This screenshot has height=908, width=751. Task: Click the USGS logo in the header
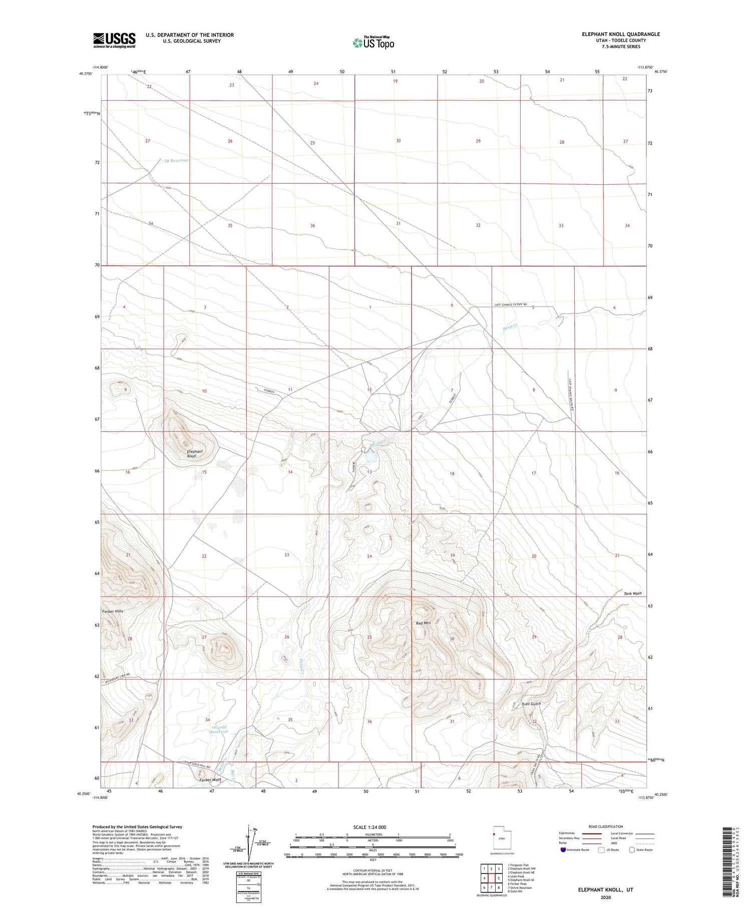(114, 40)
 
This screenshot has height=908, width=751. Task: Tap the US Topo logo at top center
(373, 43)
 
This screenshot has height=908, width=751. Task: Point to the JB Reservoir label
(177, 161)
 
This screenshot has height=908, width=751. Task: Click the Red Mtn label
(423, 623)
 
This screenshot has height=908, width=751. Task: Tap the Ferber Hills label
(113, 612)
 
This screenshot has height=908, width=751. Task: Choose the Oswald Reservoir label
(219, 729)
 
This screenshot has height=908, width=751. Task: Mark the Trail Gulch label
(531, 704)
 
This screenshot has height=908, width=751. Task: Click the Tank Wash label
(632, 593)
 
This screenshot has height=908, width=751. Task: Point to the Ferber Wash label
(209, 780)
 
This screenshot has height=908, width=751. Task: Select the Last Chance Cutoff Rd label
(511, 305)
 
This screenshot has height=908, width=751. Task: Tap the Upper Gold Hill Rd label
(196, 767)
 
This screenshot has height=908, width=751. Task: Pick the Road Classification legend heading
(606, 826)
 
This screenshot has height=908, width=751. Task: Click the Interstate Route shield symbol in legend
(564, 850)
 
